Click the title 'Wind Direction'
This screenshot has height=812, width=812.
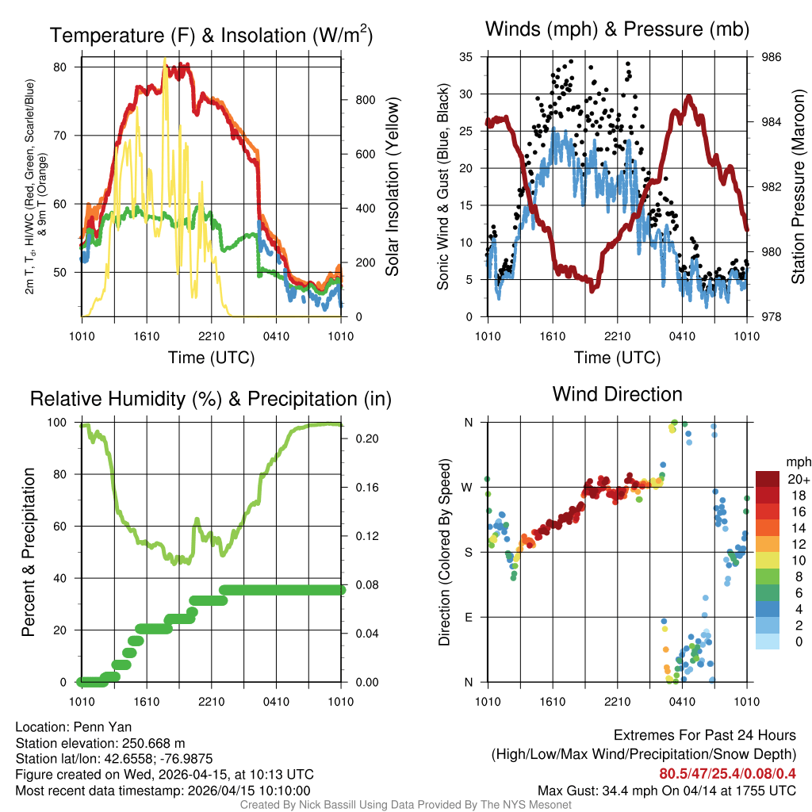[617, 394]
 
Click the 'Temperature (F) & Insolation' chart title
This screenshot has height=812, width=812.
[210, 36]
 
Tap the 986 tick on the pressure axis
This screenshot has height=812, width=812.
[772, 57]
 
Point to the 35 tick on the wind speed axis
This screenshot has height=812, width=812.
[466, 57]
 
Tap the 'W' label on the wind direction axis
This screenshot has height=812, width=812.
[469, 487]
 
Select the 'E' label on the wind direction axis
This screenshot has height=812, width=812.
[469, 617]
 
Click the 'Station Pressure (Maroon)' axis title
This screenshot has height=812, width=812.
[799, 186]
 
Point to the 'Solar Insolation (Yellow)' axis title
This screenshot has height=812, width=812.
[392, 186]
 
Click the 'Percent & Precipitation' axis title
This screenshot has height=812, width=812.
[29, 552]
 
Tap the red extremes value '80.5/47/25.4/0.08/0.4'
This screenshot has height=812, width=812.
[727, 773]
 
